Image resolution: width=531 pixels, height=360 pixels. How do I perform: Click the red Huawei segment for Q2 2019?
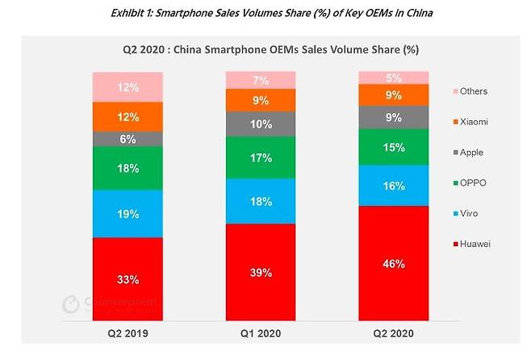(128, 279)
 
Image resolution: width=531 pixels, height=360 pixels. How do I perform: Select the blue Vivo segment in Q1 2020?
(261, 201)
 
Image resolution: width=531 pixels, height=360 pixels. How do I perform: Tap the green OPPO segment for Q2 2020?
(394, 148)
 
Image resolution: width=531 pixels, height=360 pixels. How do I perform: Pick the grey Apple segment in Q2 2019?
(128, 139)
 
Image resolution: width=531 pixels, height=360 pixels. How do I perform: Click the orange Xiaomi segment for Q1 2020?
(261, 100)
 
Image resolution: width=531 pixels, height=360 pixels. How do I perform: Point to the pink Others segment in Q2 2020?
(394, 78)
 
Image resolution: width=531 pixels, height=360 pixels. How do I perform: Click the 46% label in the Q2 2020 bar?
(394, 263)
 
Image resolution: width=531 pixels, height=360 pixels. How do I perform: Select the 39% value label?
(261, 272)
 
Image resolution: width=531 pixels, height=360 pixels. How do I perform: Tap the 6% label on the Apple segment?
(128, 139)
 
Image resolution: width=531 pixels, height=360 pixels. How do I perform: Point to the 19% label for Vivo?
(128, 214)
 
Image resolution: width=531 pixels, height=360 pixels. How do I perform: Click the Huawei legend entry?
(472, 244)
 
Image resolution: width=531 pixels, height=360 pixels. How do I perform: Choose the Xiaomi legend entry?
(470, 122)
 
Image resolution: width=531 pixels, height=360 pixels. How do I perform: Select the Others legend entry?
(470, 91)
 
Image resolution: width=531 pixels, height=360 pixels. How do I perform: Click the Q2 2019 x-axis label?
(128, 333)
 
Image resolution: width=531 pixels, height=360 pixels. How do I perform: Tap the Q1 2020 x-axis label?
(261, 333)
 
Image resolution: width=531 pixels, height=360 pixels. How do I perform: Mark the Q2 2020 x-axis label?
(393, 333)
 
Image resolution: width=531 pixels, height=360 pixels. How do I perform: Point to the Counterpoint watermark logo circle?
(71, 303)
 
